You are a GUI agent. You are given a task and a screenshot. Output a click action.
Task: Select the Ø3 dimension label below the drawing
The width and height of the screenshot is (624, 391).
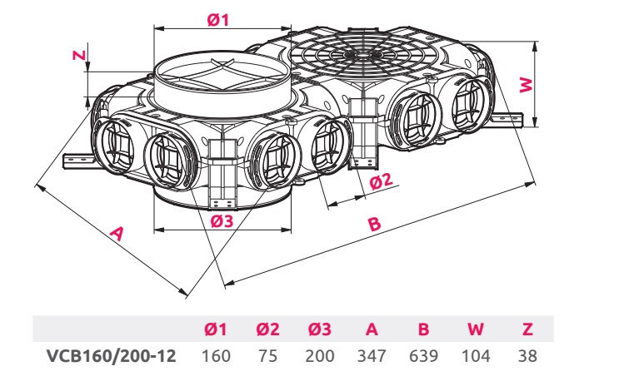(x=222, y=220)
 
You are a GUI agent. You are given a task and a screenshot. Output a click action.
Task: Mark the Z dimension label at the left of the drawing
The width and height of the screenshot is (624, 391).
(x=77, y=56)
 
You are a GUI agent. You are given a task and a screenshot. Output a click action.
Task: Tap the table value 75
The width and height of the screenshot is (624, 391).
(x=268, y=356)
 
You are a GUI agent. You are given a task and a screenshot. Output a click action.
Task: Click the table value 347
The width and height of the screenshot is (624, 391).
(x=372, y=356)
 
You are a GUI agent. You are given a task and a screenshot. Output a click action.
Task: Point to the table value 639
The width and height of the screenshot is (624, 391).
(x=423, y=356)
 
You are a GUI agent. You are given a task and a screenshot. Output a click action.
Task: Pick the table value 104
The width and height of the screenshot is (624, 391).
(x=476, y=356)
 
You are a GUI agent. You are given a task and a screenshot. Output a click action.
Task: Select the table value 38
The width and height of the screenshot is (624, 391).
(x=526, y=356)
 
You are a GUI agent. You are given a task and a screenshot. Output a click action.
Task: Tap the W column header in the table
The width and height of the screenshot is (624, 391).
(x=476, y=329)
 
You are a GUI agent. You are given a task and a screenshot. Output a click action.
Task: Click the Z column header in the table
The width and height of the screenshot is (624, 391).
(x=526, y=329)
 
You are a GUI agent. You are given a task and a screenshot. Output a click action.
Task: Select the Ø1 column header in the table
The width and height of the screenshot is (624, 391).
(x=216, y=329)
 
